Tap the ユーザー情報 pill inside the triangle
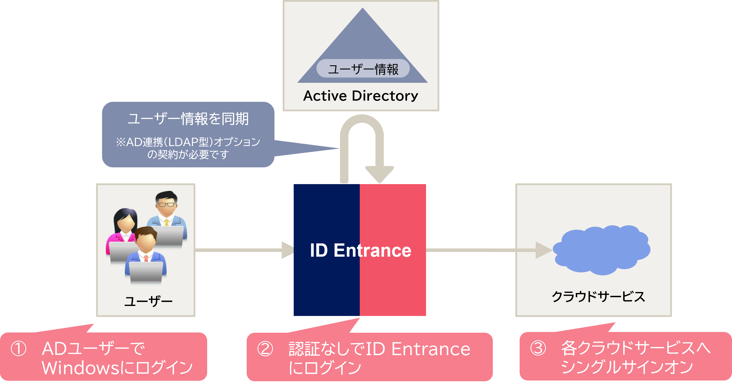pyautogui.click(x=363, y=69)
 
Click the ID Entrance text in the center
pyautogui.click(x=360, y=250)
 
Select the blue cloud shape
pyautogui.click(x=602, y=250)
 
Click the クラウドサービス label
pyautogui.click(x=598, y=297)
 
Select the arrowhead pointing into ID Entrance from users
pyautogui.click(x=287, y=250)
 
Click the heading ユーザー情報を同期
pyautogui.click(x=188, y=119)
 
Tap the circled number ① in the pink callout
pyautogui.click(x=19, y=349)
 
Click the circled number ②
pyautogui.click(x=265, y=349)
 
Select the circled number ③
pyautogui.click(x=538, y=348)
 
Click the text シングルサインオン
pyautogui.click(x=627, y=367)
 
